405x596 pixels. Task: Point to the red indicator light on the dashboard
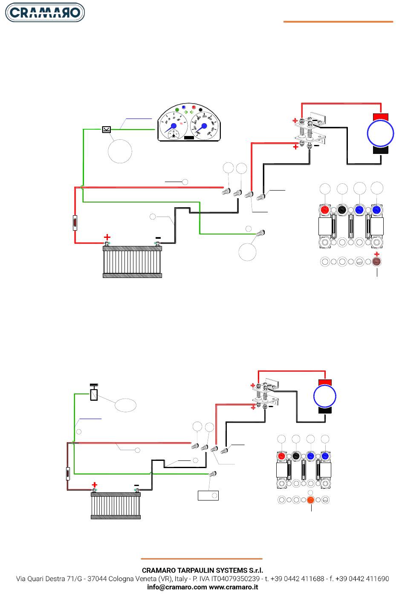coord(194,107)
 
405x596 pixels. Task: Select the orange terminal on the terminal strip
coord(310,500)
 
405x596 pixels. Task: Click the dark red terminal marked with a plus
coord(376,262)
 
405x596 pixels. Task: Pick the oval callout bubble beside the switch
coord(125,405)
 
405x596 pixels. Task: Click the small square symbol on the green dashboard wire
coord(107,130)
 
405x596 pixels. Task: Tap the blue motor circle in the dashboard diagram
coord(380,133)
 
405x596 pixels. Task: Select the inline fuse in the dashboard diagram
coord(75,223)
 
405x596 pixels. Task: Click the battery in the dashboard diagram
coord(132,261)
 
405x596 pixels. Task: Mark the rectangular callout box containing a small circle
coord(208,495)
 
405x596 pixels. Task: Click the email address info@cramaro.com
coord(177,587)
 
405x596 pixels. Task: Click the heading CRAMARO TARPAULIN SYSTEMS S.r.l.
coord(202,570)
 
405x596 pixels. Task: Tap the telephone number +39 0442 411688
coord(300,579)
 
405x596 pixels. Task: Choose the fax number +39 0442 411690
coord(362,579)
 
